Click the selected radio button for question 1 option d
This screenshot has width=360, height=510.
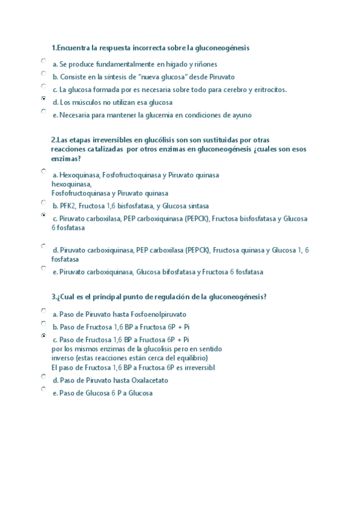click(44, 97)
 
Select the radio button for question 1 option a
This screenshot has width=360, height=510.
click(44, 61)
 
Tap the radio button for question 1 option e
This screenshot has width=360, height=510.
click(44, 111)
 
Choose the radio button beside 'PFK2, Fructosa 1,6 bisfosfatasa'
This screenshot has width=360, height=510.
click(44, 203)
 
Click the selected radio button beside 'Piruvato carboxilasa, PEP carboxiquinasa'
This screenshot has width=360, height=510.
click(44, 214)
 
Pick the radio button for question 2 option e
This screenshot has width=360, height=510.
click(44, 268)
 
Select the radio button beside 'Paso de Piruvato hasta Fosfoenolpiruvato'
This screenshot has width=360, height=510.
click(44, 311)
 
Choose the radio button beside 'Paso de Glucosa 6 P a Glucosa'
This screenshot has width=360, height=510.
click(44, 389)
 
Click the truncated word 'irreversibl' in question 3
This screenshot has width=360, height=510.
click(195, 367)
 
